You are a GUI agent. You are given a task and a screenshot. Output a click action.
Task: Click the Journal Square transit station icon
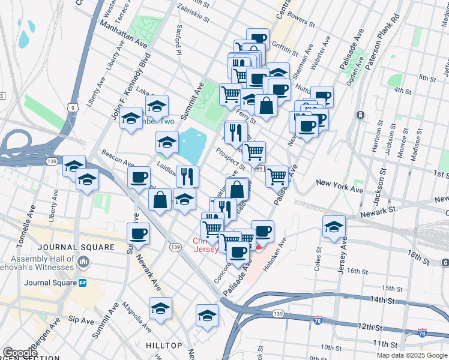[83, 283]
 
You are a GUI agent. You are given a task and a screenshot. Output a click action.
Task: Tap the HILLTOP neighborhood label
[163, 346]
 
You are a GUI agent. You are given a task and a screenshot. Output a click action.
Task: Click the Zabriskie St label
[192, 11]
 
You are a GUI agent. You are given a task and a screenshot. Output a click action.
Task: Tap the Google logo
[19, 353]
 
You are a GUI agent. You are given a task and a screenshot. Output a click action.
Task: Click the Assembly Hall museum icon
[83, 262]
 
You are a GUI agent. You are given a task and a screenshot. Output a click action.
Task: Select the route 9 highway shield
[73, 107]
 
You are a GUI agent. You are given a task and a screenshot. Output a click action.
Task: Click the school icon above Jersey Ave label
[334, 226]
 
